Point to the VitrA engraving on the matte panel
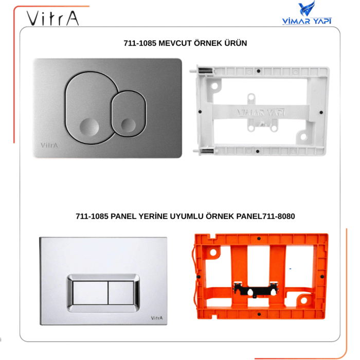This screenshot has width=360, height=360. (49, 145)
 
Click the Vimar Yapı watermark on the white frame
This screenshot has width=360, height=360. (255, 112)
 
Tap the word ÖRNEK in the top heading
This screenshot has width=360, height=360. (211, 43)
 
